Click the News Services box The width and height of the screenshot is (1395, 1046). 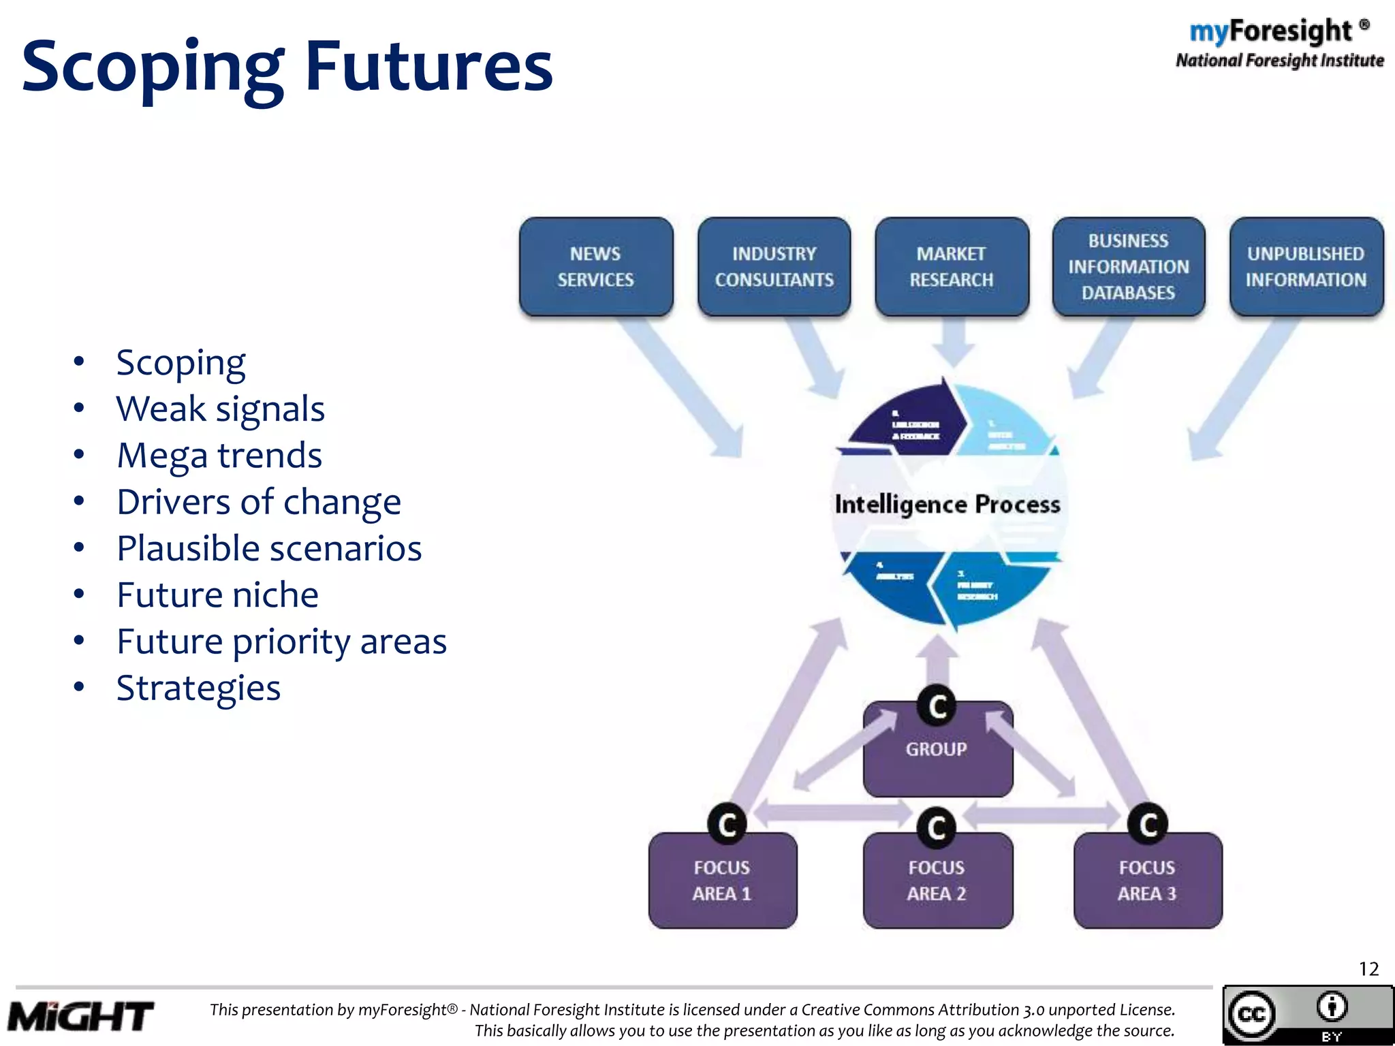click(596, 267)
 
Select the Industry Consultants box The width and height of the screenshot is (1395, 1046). click(774, 267)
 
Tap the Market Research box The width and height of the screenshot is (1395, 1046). click(952, 267)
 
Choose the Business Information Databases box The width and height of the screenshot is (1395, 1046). click(1129, 267)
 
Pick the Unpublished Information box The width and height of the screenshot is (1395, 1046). click(1306, 267)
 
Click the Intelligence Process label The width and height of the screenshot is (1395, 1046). click(947, 505)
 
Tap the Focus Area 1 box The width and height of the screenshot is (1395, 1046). click(722, 881)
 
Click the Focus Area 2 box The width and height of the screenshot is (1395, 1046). click(937, 881)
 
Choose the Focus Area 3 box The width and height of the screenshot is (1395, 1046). click(1148, 881)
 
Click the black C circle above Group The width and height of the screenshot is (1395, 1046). click(937, 706)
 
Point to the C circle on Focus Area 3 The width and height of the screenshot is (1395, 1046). click(1148, 825)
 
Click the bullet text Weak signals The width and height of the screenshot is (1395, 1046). click(220, 409)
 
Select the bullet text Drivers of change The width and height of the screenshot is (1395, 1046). click(259, 503)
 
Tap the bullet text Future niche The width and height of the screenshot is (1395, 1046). click(217, 595)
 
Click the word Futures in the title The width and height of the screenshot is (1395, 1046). click(428, 67)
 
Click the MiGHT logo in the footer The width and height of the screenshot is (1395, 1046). click(80, 1017)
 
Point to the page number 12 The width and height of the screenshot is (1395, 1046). click(1368, 969)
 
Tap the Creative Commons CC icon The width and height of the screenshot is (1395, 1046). click(1252, 1015)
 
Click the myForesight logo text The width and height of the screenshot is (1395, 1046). click(1271, 31)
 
